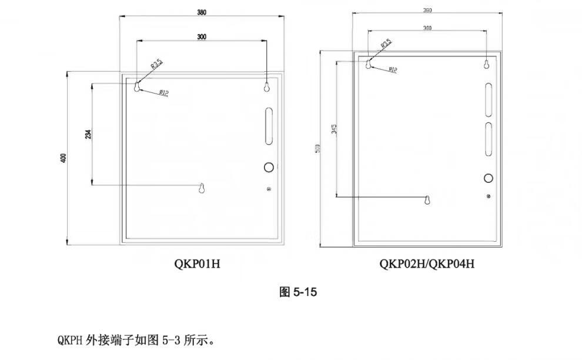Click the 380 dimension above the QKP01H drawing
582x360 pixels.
pyautogui.click(x=202, y=12)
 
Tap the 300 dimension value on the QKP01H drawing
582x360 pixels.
pyautogui.click(x=202, y=36)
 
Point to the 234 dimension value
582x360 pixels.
pyautogui.click(x=88, y=135)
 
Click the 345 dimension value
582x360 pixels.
pyautogui.click(x=333, y=129)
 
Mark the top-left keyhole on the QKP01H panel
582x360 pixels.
pyautogui.click(x=137, y=87)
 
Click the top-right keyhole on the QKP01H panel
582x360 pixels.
pyautogui.click(x=267, y=86)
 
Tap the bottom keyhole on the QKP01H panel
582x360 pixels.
pyautogui.click(x=202, y=189)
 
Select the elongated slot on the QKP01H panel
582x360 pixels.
pyautogui.click(x=269, y=126)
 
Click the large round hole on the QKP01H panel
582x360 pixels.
pyautogui.click(x=269, y=167)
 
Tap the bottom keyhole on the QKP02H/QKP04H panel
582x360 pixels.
pyautogui.click(x=428, y=201)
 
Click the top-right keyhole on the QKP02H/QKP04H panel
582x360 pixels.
pyautogui.click(x=487, y=64)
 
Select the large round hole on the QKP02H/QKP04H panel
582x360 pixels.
pyautogui.click(x=488, y=178)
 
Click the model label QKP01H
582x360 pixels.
pyautogui.click(x=197, y=264)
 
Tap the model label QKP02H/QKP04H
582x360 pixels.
pyautogui.click(x=427, y=264)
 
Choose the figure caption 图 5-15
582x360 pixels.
pyautogui.click(x=298, y=292)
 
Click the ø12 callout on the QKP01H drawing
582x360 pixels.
pyautogui.click(x=163, y=92)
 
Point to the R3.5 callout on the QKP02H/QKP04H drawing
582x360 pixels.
pyautogui.click(x=386, y=44)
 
